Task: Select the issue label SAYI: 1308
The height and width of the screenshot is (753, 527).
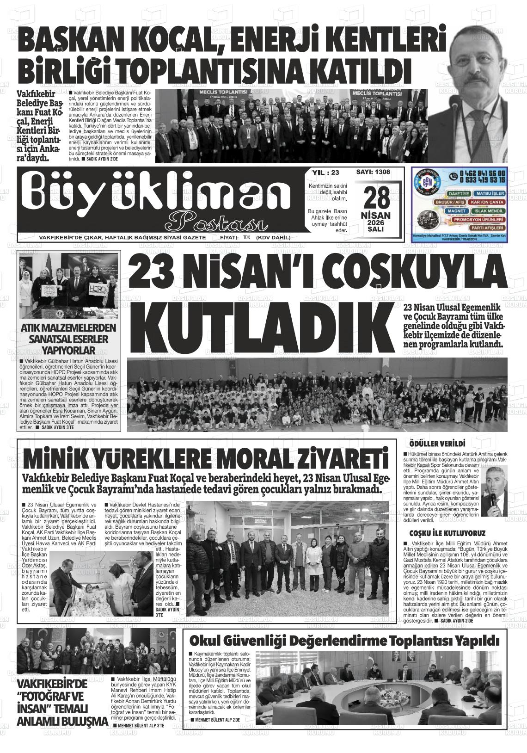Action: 373,172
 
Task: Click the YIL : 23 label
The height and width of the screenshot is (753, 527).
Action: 326,173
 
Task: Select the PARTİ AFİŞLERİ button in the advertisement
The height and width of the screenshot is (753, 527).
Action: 485,228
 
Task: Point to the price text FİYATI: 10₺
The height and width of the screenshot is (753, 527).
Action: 235,237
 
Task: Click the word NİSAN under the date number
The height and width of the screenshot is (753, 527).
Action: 375,216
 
